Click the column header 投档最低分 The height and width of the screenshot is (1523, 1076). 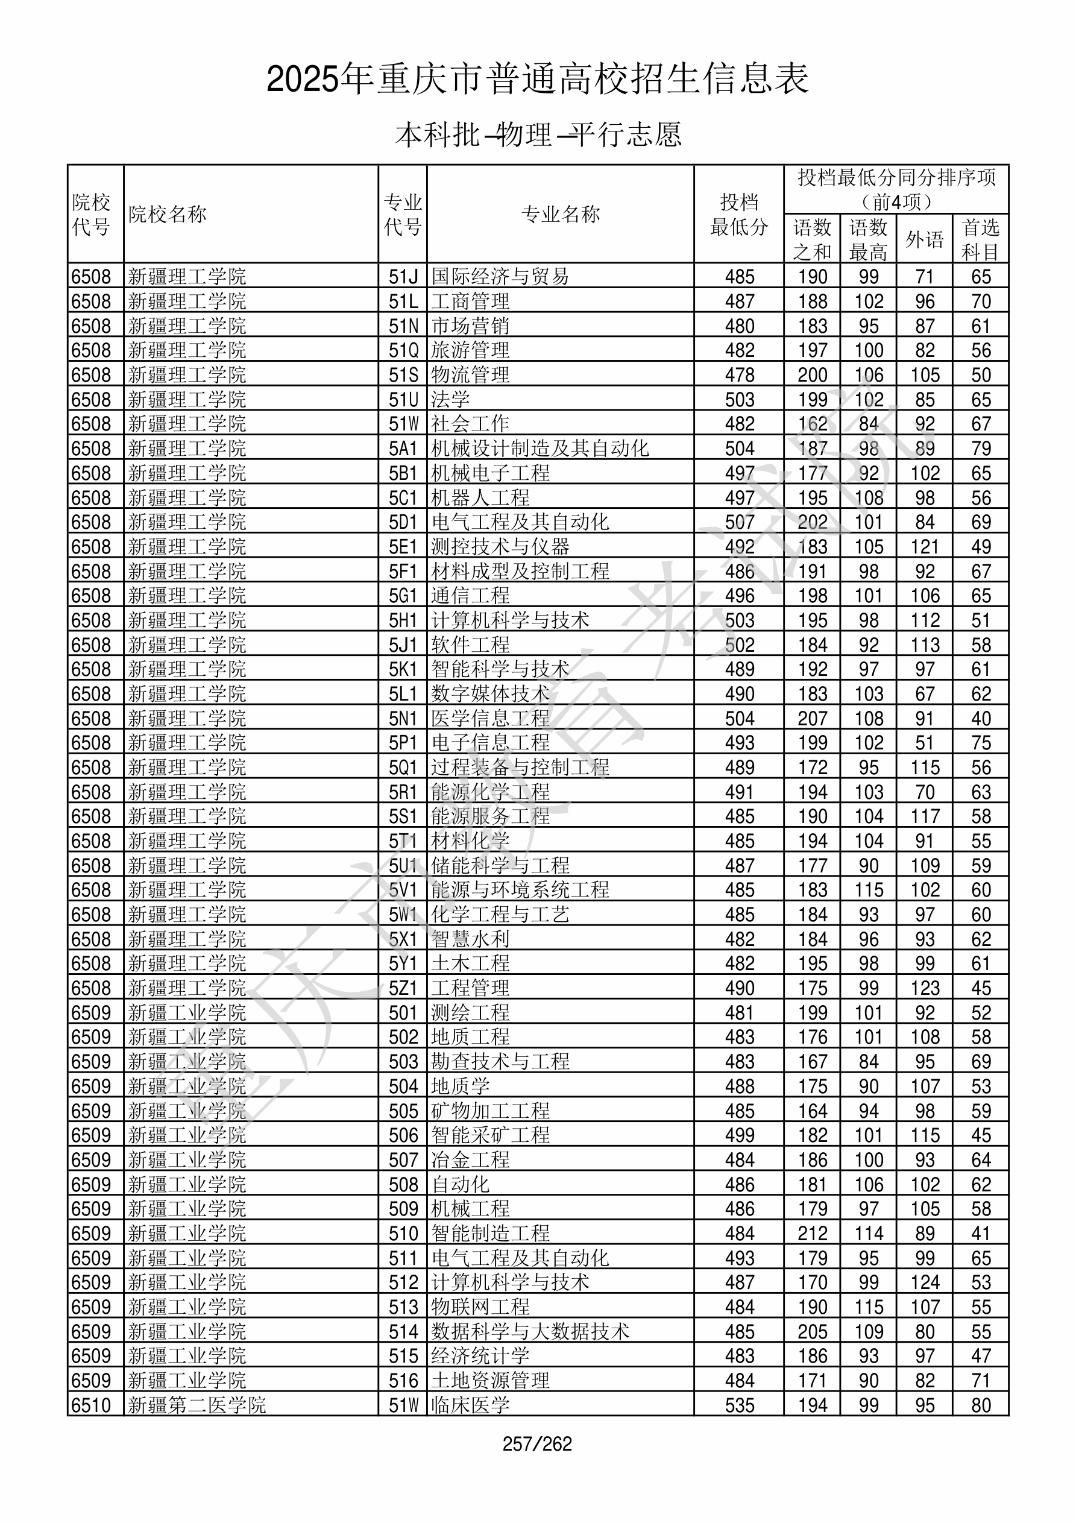coord(739,214)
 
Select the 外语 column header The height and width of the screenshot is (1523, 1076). coord(924,239)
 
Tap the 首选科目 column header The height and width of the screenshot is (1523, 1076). coord(981,239)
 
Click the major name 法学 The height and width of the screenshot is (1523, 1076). coord(450,399)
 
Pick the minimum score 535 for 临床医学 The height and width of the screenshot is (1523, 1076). coord(739,1405)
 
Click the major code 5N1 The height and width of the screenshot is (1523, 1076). coord(403,718)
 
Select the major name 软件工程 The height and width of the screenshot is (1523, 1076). coord(470,645)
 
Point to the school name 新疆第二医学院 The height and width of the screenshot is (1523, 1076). coord(197,1405)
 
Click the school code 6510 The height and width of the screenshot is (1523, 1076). coord(91,1405)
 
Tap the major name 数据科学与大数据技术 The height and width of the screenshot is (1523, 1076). coord(530,1331)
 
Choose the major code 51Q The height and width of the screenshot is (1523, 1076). coord(403,350)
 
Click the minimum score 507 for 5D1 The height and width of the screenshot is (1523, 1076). coord(739,522)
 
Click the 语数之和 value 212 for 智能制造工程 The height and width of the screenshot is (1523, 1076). coord(812,1233)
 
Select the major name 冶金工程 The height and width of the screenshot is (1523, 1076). coord(470,1159)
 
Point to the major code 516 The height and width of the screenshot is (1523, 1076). coord(403,1380)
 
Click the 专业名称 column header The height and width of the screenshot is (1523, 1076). coord(561,214)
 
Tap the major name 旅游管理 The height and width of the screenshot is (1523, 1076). coord(470,350)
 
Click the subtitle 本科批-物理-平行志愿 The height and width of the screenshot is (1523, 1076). coord(538,134)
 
